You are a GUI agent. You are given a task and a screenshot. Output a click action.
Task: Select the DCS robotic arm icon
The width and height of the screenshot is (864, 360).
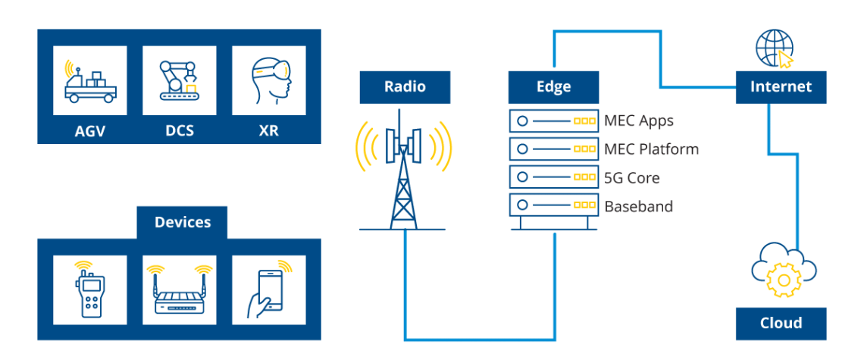pos(179,80)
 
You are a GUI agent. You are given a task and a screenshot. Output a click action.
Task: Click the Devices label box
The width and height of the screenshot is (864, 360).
pos(182,222)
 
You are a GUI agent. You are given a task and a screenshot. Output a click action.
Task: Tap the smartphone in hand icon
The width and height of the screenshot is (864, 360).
pos(269,290)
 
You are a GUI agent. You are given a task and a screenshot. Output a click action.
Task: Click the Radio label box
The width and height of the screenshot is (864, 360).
pos(405,87)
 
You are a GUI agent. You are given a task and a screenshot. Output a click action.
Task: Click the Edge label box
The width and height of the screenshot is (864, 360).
pos(553,87)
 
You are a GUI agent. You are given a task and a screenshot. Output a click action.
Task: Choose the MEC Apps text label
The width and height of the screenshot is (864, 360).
pos(639,121)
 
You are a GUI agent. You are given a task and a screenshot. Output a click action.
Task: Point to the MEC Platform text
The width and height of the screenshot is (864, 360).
pos(651,149)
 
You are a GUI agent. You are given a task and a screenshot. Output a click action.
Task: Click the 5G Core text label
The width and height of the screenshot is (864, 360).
pos(631,177)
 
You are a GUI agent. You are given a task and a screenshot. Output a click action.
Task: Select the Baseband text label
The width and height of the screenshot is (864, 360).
pos(639,206)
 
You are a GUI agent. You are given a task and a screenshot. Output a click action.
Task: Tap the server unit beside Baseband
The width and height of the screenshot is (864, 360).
pos(553,205)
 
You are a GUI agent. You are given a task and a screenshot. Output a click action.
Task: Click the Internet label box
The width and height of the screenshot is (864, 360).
pos(781,87)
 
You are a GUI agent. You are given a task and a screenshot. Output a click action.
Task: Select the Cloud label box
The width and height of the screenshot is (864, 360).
pos(781,324)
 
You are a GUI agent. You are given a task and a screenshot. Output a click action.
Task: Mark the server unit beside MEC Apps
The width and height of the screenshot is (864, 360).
pos(553,121)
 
